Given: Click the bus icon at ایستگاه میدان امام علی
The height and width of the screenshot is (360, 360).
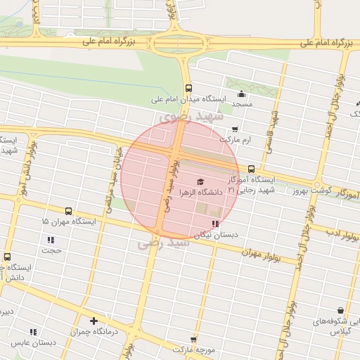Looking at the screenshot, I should coord(188,88).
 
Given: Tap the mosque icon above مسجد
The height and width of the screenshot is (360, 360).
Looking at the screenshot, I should coord(242,94).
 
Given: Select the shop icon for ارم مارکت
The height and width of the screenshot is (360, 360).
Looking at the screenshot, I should coord(234,129).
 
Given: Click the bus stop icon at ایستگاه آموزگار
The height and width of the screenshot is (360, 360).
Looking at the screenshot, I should coord(252,169).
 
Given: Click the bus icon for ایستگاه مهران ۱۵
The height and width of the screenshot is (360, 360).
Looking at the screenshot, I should coord(68,211).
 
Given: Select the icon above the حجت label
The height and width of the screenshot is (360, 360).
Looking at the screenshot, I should coord(51,240).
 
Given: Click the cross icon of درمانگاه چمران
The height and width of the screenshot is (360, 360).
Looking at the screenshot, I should coord(94,321).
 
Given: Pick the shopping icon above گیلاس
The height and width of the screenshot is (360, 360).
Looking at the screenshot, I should coord(340,310).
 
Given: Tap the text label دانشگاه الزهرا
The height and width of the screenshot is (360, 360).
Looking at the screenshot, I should coord(200,192).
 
